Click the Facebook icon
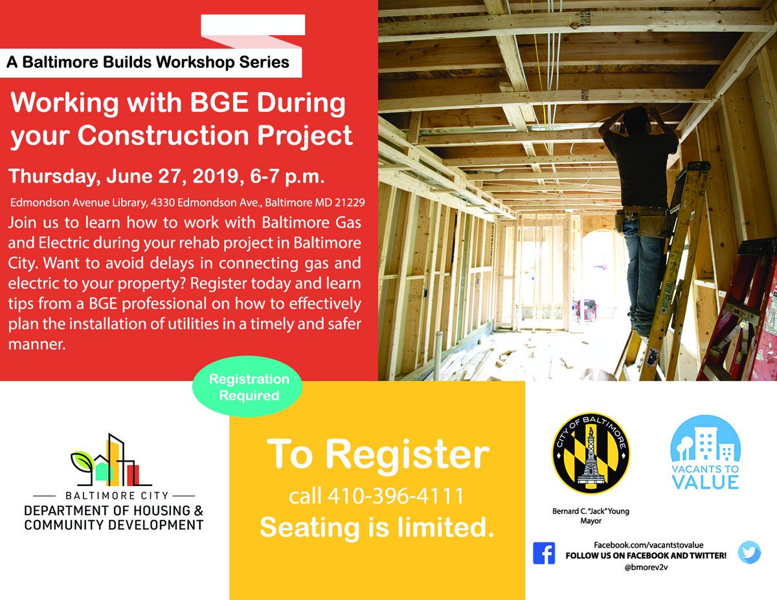click(544, 553)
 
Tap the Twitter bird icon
click(749, 551)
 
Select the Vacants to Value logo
click(704, 452)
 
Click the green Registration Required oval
click(249, 387)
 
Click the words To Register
click(377, 454)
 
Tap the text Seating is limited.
click(377, 527)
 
